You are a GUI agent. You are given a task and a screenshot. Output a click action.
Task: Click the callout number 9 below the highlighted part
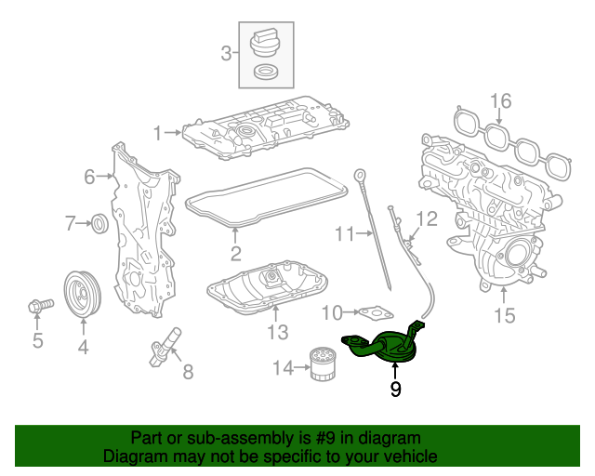[x=395, y=390]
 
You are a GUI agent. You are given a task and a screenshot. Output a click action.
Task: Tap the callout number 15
[x=503, y=316]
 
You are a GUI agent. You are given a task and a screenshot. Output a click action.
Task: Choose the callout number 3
[x=226, y=54]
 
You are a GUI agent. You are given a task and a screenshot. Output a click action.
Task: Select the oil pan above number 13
[x=270, y=290]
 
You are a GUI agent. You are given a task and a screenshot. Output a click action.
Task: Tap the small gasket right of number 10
[x=375, y=313]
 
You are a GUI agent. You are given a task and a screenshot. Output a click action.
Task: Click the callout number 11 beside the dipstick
[x=345, y=234]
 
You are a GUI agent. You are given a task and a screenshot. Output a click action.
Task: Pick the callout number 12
[x=426, y=219]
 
